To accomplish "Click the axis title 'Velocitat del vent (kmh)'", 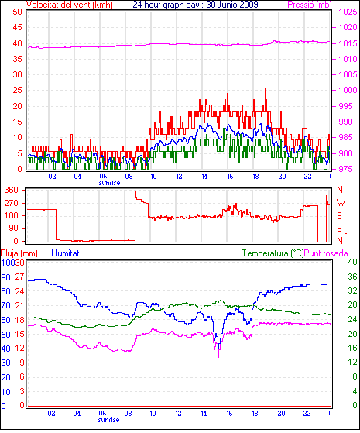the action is (x=70, y=5).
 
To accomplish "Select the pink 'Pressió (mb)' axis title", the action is (x=310, y=5).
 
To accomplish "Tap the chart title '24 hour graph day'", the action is (x=166, y=5).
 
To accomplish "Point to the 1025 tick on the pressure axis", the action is (x=348, y=12).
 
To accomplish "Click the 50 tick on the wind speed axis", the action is (x=17, y=12).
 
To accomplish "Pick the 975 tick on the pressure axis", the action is (x=346, y=169).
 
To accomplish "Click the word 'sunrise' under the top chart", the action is (x=109, y=183).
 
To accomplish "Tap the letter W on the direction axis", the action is (x=341, y=203).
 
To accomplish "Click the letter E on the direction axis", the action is (x=339, y=228).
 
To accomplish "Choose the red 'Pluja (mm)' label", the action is (x=19, y=253).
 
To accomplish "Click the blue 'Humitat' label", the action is (x=66, y=253).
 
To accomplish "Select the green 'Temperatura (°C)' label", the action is (x=273, y=253).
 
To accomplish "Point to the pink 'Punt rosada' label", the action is (x=326, y=253).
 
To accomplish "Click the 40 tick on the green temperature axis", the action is (x=352, y=262).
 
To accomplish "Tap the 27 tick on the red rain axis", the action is (x=19, y=277).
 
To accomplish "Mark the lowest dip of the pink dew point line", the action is (x=218, y=357).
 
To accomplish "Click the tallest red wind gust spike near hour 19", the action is (x=266, y=88).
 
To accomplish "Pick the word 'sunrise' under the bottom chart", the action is (x=108, y=420).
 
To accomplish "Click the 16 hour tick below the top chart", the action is (x=230, y=176).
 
